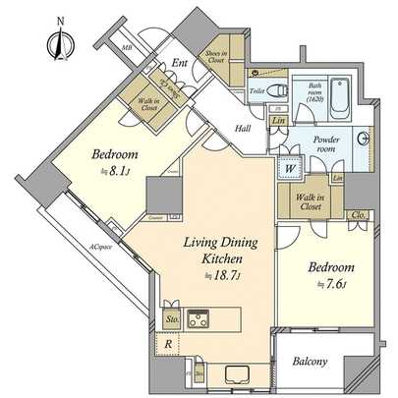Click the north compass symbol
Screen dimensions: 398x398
[x=55, y=40]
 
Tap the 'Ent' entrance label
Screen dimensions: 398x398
[x=179, y=64]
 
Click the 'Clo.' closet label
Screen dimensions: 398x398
[x=360, y=214]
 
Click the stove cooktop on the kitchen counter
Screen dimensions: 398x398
[x=200, y=318]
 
